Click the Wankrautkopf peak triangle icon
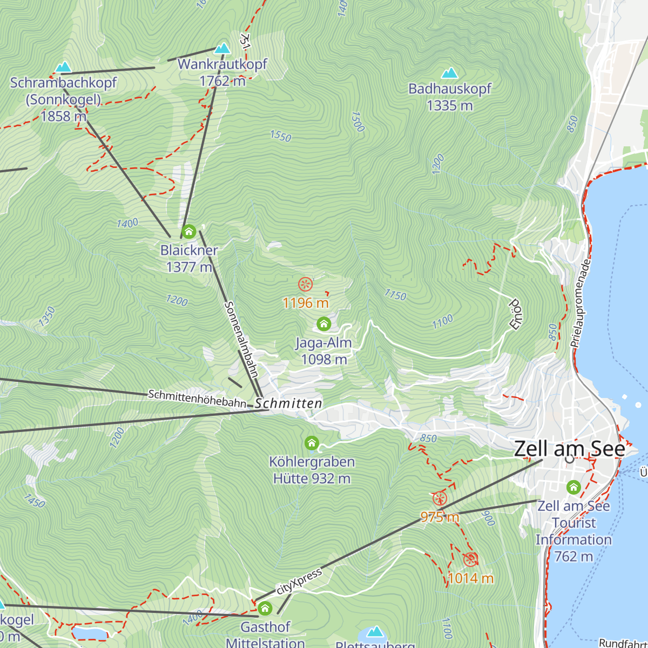(222, 49)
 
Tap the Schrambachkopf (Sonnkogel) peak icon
(63, 67)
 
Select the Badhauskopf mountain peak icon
(449, 73)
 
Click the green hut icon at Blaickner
(188, 232)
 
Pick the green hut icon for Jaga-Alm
(323, 324)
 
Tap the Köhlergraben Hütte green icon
(312, 443)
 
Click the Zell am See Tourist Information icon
(573, 488)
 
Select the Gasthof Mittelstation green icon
(265, 609)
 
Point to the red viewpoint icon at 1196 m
(305, 284)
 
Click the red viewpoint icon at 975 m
(440, 498)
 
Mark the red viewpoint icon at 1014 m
(470, 559)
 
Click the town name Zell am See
(569, 449)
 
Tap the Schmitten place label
(288, 403)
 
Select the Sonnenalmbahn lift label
(241, 339)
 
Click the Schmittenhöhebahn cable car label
(197, 399)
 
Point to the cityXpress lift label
(299, 582)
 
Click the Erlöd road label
(514, 313)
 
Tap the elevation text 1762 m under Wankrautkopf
(222, 81)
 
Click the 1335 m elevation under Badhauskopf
(449, 105)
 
